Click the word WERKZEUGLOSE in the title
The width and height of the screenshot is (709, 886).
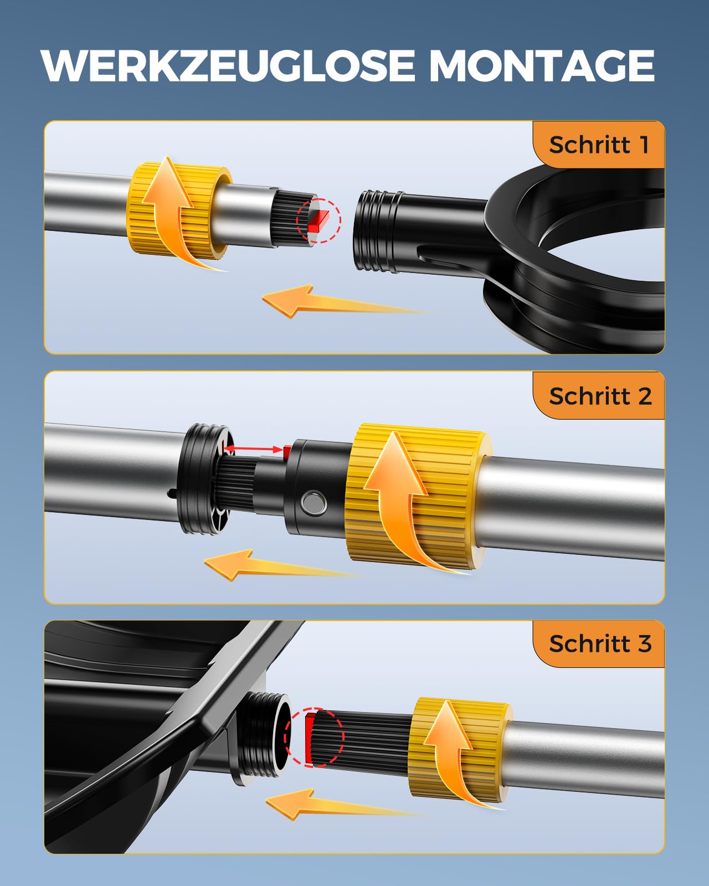click(x=228, y=66)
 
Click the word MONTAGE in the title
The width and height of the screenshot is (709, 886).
click(x=542, y=66)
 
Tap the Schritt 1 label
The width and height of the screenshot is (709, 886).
click(x=599, y=145)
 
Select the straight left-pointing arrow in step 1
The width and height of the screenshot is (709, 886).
click(x=344, y=302)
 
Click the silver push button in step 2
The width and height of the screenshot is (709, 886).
click(x=314, y=503)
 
